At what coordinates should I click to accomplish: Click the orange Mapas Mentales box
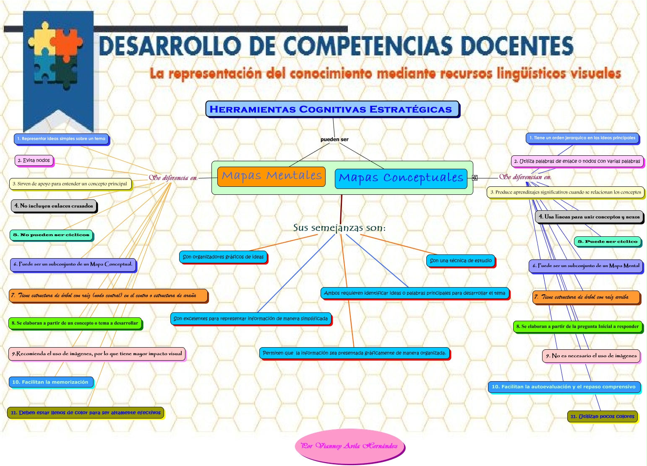pyautogui.click(x=271, y=176)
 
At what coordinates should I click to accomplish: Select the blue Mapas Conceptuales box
pyautogui.click(x=401, y=178)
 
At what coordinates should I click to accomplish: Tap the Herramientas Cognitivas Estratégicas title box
pyautogui.click(x=332, y=109)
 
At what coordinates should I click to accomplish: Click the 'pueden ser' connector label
pyautogui.click(x=334, y=139)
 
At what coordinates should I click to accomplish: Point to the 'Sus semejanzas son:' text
pyautogui.click(x=339, y=228)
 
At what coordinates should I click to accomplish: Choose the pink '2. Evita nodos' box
pyautogui.click(x=34, y=160)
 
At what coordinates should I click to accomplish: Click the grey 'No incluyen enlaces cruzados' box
pyautogui.click(x=54, y=206)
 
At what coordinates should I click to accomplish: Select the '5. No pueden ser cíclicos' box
pyautogui.click(x=51, y=235)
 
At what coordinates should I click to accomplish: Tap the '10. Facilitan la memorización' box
pyautogui.click(x=50, y=382)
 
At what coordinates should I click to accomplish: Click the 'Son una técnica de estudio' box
pyautogui.click(x=460, y=261)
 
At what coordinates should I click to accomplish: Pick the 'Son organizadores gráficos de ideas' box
pyautogui.click(x=223, y=257)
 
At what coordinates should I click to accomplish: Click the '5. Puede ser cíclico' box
pyautogui.click(x=607, y=241)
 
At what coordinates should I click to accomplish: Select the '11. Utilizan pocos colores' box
pyautogui.click(x=602, y=416)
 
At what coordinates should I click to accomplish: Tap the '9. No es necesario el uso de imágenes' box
pyautogui.click(x=591, y=356)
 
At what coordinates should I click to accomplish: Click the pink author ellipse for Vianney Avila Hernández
pyautogui.click(x=350, y=446)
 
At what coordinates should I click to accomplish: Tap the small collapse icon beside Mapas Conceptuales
pyautogui.click(x=475, y=178)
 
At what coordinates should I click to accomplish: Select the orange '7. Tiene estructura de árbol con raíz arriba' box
pyautogui.click(x=586, y=297)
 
